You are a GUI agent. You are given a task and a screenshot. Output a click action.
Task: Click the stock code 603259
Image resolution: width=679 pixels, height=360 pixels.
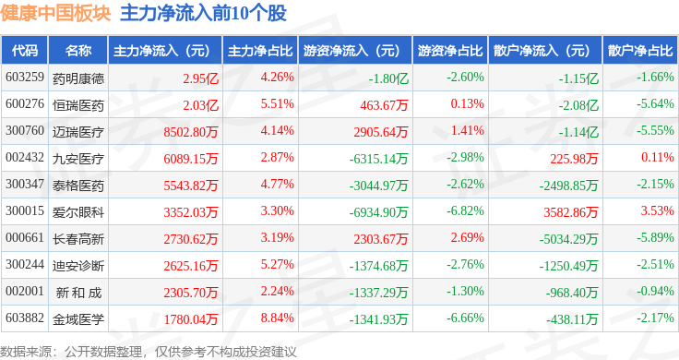pos(25,78)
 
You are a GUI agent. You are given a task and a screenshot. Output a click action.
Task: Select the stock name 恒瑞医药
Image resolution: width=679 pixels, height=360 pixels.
pos(78,105)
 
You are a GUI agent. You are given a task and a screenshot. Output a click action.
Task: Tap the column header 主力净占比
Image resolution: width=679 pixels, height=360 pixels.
pos(260,51)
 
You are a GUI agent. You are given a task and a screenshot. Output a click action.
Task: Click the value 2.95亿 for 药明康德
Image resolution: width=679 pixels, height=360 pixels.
pos(200,78)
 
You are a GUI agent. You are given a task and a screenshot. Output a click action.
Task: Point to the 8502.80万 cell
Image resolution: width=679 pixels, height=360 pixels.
pos(191,132)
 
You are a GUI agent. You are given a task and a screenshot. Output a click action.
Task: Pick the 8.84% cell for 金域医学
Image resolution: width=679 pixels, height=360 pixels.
pos(277,318)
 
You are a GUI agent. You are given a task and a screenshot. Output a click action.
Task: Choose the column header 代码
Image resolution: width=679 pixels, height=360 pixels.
pos(25,51)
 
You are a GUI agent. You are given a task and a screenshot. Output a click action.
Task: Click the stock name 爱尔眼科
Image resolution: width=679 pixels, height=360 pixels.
pos(78,211)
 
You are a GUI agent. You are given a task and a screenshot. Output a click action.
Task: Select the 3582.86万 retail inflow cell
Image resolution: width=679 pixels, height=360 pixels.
pos(571,211)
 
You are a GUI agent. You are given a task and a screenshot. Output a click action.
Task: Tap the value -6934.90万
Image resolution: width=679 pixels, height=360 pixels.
pos(378,211)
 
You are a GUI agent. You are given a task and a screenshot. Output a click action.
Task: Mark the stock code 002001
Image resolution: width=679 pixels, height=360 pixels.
pos(25,291)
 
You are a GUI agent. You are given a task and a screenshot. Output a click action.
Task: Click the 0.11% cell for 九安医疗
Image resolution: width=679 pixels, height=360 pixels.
pos(658,157)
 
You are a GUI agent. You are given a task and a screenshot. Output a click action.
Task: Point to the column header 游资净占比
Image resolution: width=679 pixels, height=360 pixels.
pos(450,51)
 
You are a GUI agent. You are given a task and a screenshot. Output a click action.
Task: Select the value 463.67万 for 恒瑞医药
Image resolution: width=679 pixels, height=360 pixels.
pos(384,105)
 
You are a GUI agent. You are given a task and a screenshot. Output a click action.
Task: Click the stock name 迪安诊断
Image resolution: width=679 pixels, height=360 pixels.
pos(78,266)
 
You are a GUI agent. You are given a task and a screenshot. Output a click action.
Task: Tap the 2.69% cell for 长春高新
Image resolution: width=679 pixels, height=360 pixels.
pos(467,237)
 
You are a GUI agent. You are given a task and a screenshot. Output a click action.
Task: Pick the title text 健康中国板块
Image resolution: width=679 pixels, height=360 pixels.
pos(56,13)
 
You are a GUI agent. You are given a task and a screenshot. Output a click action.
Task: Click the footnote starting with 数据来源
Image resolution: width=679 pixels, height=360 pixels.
pos(149,352)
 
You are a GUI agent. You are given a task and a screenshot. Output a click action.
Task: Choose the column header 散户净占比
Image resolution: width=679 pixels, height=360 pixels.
pos(640,51)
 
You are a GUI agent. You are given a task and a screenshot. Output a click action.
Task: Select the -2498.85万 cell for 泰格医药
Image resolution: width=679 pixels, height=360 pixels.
pos(568,186)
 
